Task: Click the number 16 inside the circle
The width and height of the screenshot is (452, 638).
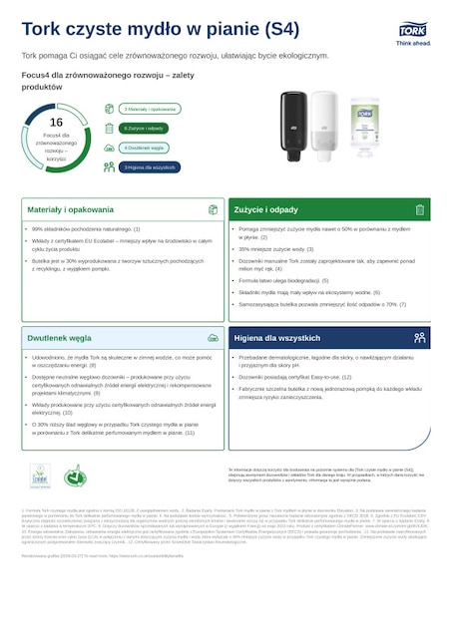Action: coord(56,122)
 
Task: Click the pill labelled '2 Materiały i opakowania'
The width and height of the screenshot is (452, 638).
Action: coord(150,109)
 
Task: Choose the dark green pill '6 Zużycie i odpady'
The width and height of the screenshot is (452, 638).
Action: coord(146,128)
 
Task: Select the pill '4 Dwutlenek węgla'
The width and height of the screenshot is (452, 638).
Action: coord(143,147)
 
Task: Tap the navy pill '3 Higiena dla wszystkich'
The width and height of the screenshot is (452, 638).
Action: coord(151,166)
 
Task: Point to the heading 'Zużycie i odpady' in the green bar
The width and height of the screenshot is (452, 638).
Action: coord(266,210)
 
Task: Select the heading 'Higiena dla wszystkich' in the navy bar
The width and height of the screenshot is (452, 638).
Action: coord(278,338)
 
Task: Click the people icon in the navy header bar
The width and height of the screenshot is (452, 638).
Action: coord(419,338)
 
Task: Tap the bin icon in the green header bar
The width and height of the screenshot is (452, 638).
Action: coord(419,210)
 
